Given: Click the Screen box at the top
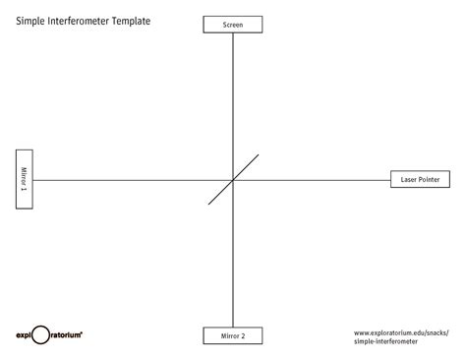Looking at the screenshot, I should pos(233,24).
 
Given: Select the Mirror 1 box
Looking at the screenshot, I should pos(24,179).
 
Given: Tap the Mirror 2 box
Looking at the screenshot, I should pos(233,336).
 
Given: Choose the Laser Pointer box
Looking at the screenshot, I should pos(420,180).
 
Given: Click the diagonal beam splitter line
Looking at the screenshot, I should pos(246,167).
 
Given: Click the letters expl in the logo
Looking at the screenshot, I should pos(25,335).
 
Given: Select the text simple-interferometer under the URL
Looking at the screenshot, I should pos(384,341).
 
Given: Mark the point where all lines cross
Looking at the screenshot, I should pos(233,180).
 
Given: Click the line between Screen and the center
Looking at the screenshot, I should pos(233,98).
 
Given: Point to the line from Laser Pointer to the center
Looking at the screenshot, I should pos(315,180).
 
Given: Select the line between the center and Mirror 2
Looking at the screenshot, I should pos(233,256).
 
